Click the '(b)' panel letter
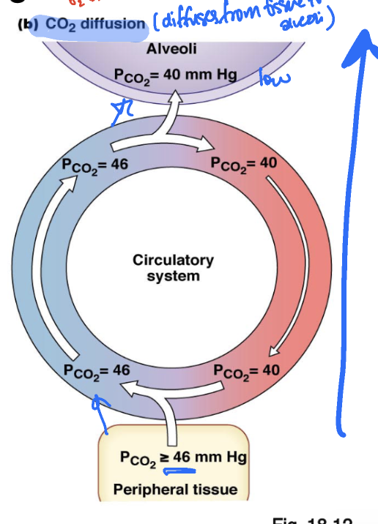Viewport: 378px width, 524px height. pos(28,24)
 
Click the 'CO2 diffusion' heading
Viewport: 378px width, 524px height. pos(95,24)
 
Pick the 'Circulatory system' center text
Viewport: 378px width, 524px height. pos(173,268)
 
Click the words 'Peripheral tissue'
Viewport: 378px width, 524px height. pos(175,489)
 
